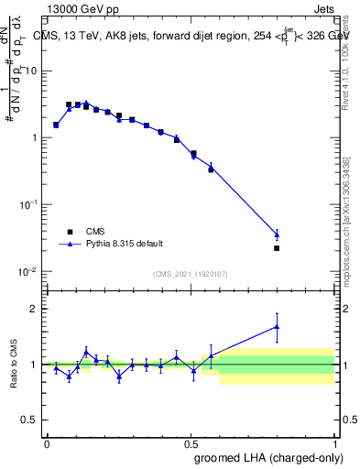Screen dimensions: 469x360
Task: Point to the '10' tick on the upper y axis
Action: [x=33, y=71]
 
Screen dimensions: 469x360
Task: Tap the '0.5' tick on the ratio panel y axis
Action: [x=32, y=420]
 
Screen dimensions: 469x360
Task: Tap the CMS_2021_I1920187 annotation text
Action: [x=190, y=274]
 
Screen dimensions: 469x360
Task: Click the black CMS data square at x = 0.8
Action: [x=277, y=248]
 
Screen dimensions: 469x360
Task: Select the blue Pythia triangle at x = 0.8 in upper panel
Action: [x=277, y=234]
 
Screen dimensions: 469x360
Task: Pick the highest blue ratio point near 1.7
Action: [x=277, y=326]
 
